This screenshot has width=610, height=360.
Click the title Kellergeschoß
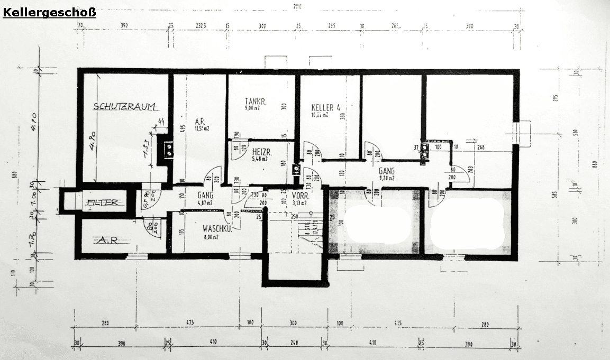(49, 11)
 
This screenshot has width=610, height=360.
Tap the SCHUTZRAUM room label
(124, 106)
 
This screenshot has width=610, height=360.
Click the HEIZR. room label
(258, 151)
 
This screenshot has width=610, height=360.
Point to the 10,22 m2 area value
(320, 114)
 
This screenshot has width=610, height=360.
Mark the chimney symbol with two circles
(169, 150)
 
